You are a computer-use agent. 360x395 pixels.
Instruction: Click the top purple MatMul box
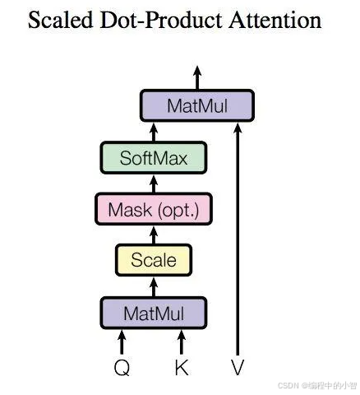[x=196, y=105]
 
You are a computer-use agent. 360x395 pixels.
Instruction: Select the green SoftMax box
[x=153, y=156]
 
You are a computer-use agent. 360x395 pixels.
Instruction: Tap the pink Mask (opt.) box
[x=153, y=209]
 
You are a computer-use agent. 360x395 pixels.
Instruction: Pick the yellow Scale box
[x=153, y=261]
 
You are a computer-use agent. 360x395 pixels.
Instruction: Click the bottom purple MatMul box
[x=153, y=313]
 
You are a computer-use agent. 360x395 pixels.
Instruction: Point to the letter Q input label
[x=122, y=367]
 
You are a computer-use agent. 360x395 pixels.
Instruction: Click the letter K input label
[x=182, y=367]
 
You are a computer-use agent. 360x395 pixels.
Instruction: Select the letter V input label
[x=238, y=367]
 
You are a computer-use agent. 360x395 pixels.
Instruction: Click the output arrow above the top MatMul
[x=196, y=78]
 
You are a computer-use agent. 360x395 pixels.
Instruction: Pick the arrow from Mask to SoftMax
[x=153, y=183]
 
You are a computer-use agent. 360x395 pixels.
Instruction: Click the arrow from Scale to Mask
[x=153, y=235]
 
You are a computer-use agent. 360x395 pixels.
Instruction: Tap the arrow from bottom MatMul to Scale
[x=153, y=286]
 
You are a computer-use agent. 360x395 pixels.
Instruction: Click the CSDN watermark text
[x=316, y=384]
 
